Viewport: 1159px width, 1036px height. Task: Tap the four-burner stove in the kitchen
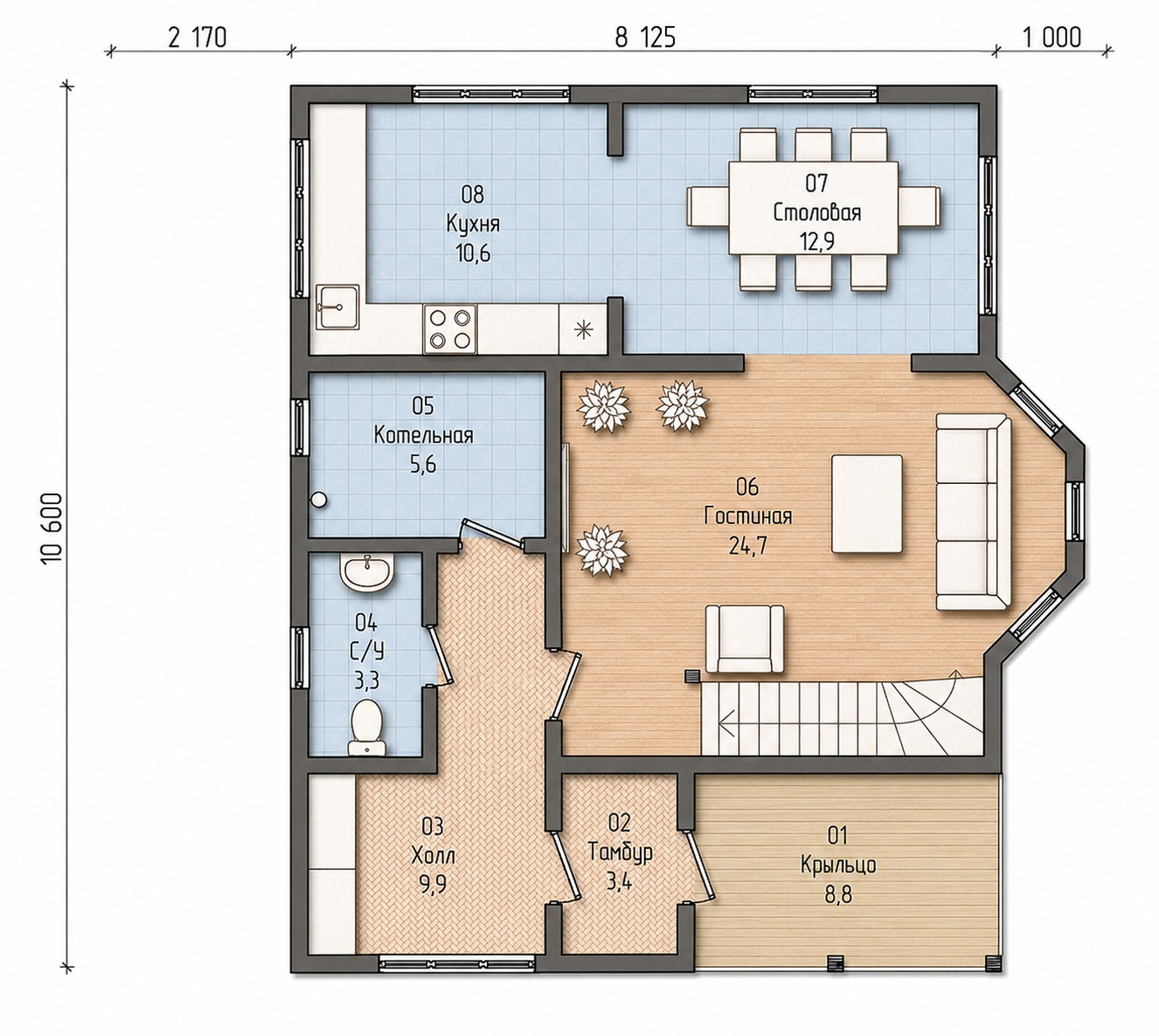(449, 328)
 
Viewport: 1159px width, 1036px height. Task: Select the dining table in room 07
(813, 208)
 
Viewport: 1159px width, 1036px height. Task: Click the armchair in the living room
(744, 639)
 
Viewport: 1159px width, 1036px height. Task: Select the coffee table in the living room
(867, 503)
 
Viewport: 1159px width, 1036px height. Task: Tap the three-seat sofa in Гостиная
(974, 512)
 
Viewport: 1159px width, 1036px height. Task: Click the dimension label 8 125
(645, 38)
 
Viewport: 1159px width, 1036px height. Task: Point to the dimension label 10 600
(51, 528)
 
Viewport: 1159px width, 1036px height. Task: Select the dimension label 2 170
(198, 38)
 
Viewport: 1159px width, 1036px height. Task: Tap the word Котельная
(423, 435)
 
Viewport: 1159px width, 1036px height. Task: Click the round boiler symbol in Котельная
(319, 500)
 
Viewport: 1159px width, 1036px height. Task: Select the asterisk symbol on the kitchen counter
(584, 329)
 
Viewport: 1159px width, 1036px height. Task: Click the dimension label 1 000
(1051, 38)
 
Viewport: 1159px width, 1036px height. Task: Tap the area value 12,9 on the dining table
(817, 242)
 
